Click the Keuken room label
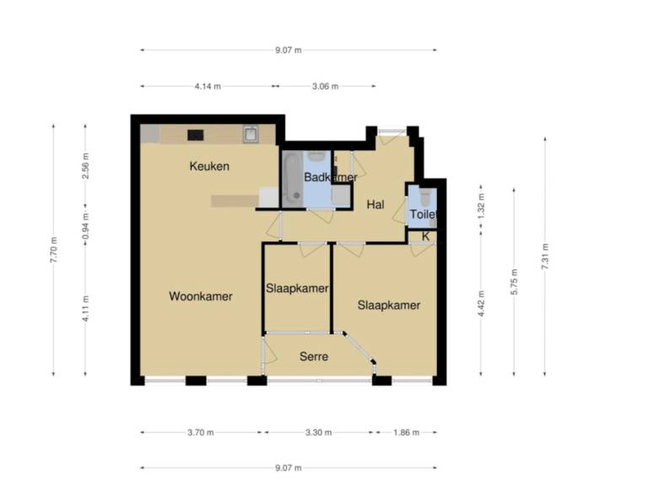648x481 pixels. click(208, 166)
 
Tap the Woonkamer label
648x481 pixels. click(201, 296)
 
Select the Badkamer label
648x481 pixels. click(330, 177)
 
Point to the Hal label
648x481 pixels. click(375, 204)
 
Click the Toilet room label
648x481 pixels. click(424, 215)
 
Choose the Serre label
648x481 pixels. click(313, 357)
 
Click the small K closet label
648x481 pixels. click(425, 236)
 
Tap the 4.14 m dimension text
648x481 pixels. click(208, 86)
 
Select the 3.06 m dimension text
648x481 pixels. click(325, 86)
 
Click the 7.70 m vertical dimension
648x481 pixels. click(54, 251)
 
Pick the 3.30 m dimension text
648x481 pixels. click(318, 432)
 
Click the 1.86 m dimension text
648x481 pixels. click(405, 432)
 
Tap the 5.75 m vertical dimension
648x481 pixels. click(514, 282)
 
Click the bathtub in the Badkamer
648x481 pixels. click(293, 178)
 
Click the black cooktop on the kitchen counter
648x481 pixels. click(196, 134)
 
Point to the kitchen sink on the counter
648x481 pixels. click(251, 133)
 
